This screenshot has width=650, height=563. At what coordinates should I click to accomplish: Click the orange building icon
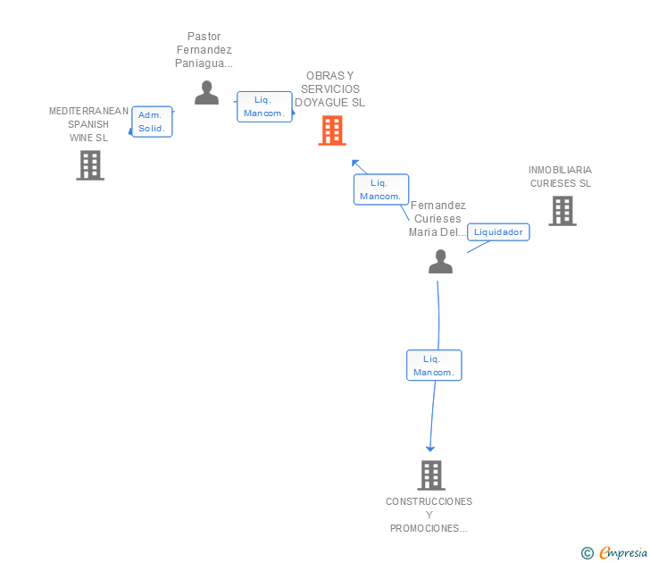tap(332, 130)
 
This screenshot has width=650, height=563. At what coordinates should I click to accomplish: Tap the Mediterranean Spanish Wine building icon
tap(90, 165)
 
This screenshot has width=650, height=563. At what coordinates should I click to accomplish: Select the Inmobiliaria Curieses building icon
tap(562, 211)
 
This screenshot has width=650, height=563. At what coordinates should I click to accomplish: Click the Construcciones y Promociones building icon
tap(431, 475)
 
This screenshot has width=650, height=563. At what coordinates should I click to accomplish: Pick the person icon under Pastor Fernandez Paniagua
tap(206, 93)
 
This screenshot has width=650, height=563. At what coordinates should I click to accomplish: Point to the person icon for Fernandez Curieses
tap(440, 261)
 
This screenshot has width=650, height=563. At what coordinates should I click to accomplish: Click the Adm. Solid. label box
tap(152, 122)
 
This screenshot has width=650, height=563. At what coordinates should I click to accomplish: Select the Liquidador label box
tap(498, 232)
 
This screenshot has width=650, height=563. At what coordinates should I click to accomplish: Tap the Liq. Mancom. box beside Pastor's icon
tap(264, 106)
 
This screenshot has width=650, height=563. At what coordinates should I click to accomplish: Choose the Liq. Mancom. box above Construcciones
tap(434, 366)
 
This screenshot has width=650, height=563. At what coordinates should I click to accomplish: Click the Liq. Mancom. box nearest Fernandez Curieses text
tap(381, 189)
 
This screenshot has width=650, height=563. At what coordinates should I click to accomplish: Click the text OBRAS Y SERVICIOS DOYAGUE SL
tap(330, 89)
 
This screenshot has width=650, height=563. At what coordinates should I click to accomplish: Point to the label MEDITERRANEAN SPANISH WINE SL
tap(88, 124)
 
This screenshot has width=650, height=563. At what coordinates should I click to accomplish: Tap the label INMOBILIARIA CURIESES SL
tap(560, 177)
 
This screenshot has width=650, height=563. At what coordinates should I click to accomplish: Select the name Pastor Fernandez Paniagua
tap(204, 50)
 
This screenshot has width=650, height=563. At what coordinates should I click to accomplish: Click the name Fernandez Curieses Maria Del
tap(437, 219)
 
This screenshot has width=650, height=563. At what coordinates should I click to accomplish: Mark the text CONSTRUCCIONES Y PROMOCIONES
tap(429, 515)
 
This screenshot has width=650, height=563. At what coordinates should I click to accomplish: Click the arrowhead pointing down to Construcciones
tap(430, 449)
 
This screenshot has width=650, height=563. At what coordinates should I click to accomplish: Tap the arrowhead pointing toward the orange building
tap(354, 163)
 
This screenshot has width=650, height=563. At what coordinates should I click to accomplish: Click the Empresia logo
tap(614, 553)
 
